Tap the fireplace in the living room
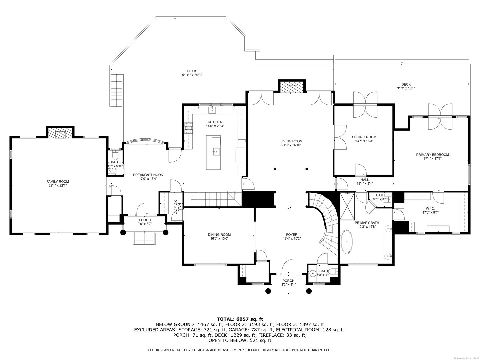(x=292, y=88)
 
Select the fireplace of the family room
(x=60, y=134)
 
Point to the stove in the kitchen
(x=189, y=128)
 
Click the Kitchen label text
(x=215, y=122)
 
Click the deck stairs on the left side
(x=116, y=90)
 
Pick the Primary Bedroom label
(x=432, y=155)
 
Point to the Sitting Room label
(x=364, y=137)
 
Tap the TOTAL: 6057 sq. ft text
(x=240, y=319)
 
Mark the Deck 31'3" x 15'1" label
(x=406, y=88)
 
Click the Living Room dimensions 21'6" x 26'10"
(x=291, y=145)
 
